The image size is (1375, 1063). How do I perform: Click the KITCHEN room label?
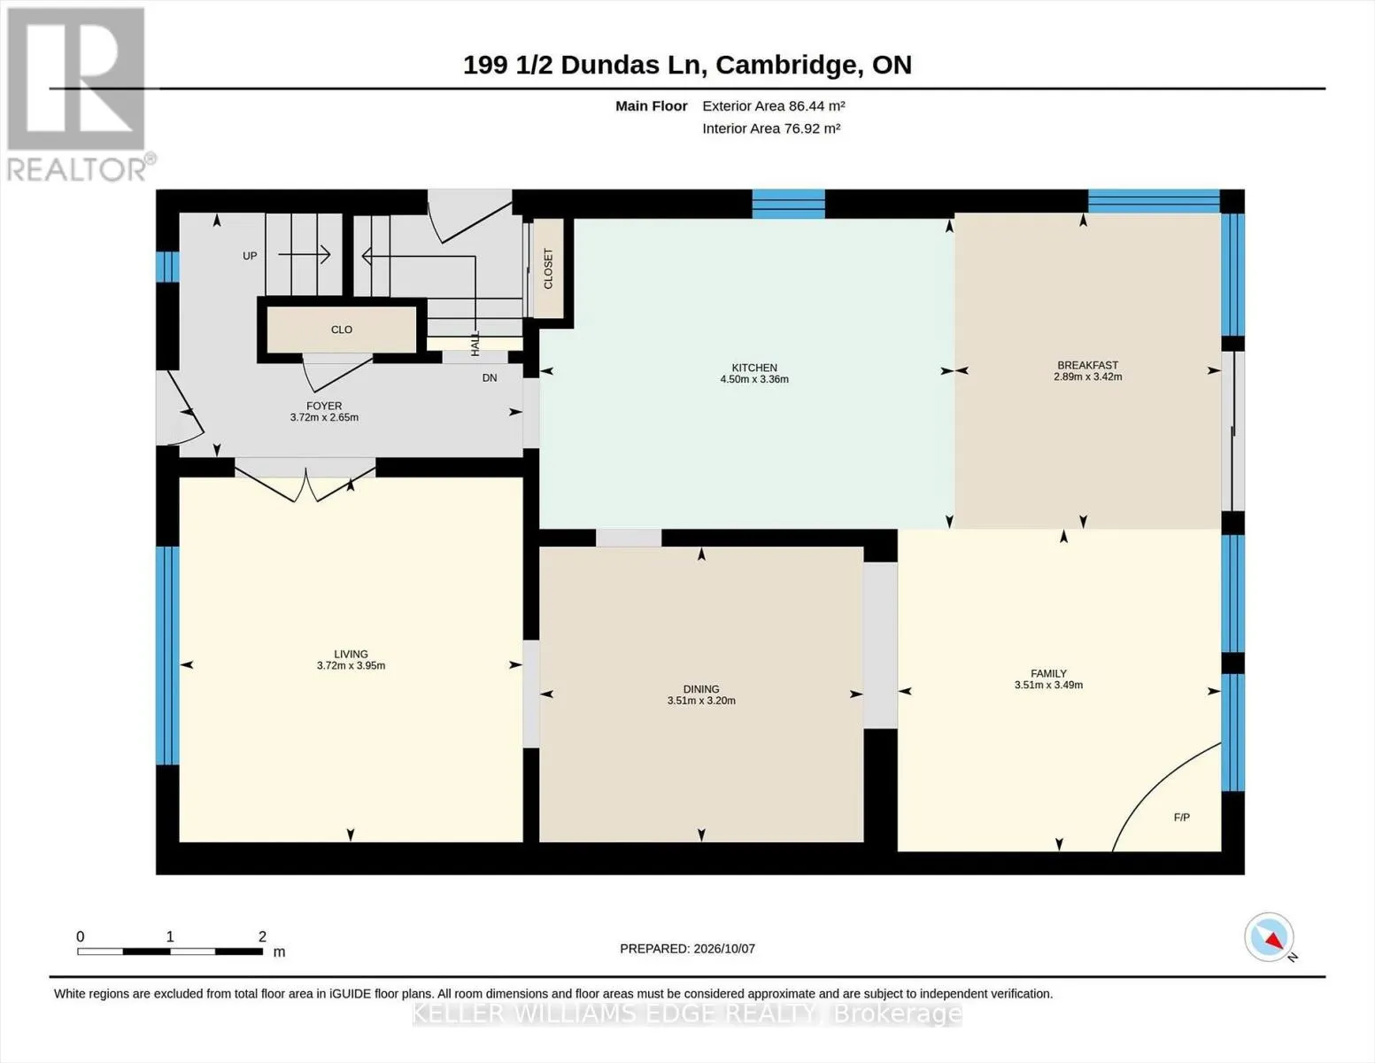click(x=754, y=368)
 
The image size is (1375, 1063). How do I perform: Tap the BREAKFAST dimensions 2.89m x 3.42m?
click(x=1088, y=376)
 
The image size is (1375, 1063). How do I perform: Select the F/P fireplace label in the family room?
click(x=1181, y=818)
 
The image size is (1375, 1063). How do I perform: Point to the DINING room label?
click(x=701, y=689)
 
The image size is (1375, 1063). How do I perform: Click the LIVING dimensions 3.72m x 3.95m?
click(x=351, y=665)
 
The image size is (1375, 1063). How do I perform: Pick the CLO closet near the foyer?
click(x=342, y=330)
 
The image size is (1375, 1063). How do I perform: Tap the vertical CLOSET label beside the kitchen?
click(x=548, y=268)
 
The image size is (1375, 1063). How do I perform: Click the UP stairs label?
click(x=250, y=256)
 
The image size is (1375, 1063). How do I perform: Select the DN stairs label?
click(x=489, y=378)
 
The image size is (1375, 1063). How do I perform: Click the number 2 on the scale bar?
click(x=262, y=936)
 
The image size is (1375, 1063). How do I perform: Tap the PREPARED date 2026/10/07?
click(x=724, y=949)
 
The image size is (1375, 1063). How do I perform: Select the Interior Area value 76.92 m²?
click(x=813, y=128)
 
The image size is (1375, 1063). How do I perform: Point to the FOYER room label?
click(x=324, y=406)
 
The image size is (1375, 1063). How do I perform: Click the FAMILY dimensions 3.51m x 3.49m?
click(x=1048, y=685)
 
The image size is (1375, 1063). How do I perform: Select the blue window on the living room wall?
click(x=167, y=656)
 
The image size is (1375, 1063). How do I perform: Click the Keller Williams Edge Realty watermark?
click(x=687, y=1013)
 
